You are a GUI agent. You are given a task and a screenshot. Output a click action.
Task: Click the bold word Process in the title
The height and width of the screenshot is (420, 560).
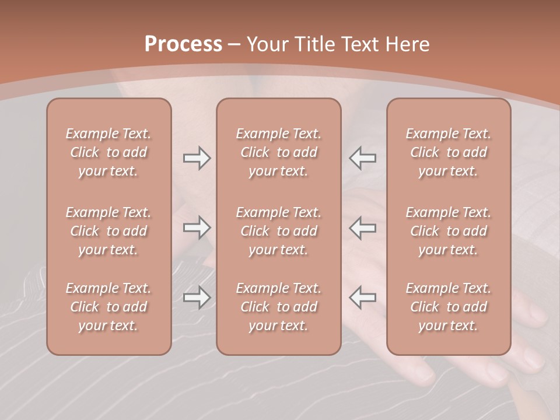183,44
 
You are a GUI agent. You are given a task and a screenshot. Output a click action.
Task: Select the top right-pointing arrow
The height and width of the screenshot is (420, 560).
197,158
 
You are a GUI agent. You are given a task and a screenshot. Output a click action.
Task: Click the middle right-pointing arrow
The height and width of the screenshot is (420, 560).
197,228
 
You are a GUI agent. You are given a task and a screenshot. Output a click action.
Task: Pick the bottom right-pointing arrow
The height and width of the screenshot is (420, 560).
197,297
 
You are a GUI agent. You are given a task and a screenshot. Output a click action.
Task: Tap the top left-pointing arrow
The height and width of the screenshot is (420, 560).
363,158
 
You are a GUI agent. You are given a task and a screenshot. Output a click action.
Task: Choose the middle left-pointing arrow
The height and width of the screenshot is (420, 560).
363,228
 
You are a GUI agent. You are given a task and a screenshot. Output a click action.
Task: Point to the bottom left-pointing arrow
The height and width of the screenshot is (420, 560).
363,297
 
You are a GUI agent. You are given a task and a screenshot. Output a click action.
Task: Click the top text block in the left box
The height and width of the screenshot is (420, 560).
108,152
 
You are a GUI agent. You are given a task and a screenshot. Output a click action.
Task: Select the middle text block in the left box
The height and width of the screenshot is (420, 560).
108,231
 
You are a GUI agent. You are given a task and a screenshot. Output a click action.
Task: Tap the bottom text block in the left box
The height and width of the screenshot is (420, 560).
108,307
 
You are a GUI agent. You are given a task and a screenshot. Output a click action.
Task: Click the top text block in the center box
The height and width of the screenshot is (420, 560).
279,152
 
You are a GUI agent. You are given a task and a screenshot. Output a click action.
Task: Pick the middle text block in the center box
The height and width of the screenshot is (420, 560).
279,231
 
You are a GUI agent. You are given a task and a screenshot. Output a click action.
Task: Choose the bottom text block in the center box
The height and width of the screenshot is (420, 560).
279,307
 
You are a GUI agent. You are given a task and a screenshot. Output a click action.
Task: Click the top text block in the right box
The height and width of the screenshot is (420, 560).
449,152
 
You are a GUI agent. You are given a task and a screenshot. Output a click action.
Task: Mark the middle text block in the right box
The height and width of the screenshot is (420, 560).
449,231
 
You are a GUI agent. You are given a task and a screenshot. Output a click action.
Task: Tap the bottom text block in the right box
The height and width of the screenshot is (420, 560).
449,307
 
